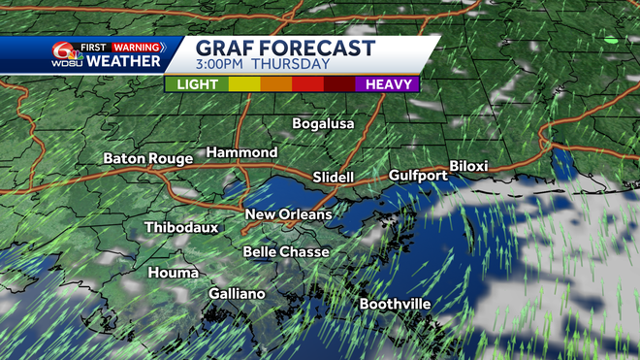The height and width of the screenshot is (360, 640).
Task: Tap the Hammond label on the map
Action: tap(241, 153)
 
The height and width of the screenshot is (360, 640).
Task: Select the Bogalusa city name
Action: tap(324, 124)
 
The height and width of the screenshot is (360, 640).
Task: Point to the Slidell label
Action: tap(334, 178)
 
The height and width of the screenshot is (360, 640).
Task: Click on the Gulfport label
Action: tap(418, 176)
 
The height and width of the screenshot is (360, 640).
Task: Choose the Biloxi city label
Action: tap(468, 167)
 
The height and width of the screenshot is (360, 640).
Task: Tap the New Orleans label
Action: tap(288, 214)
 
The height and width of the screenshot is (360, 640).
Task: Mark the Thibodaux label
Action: tap(181, 228)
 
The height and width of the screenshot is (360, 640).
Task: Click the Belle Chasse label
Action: tap(286, 252)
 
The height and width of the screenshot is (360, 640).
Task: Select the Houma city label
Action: tap(173, 274)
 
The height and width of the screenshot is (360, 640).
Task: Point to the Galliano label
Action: tap(237, 294)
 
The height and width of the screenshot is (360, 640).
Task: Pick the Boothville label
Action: tap(395, 305)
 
